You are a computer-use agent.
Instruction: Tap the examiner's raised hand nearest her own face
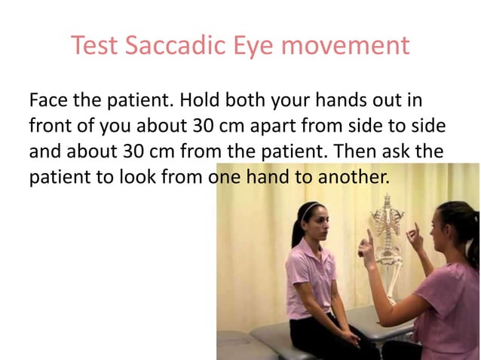(414, 237)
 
